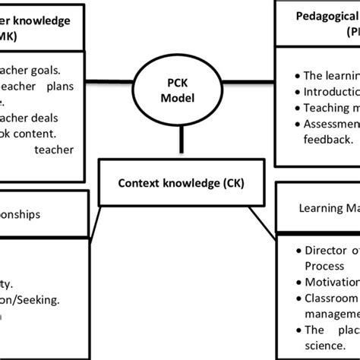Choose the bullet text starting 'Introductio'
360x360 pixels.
(331, 92)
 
